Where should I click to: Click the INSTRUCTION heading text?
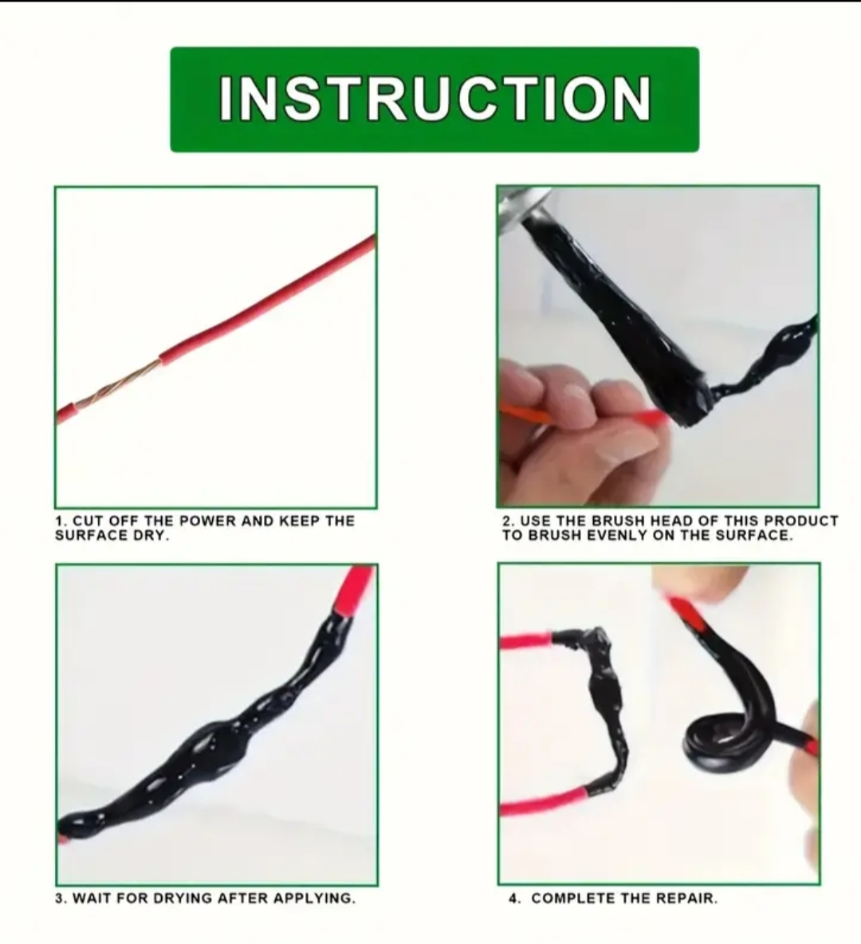[434, 99]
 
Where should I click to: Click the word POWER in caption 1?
[208, 520]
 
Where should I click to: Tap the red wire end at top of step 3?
[356, 589]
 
